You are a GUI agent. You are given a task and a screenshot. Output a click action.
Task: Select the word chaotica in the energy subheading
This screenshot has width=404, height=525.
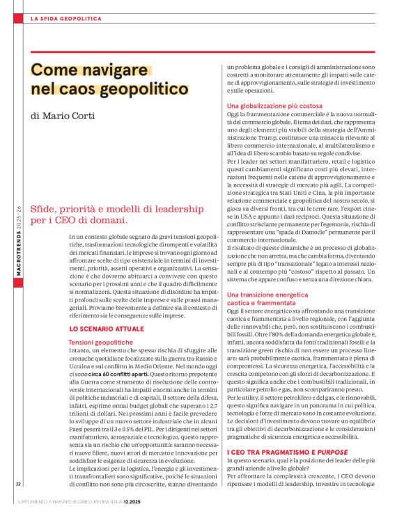tap(239, 304)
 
